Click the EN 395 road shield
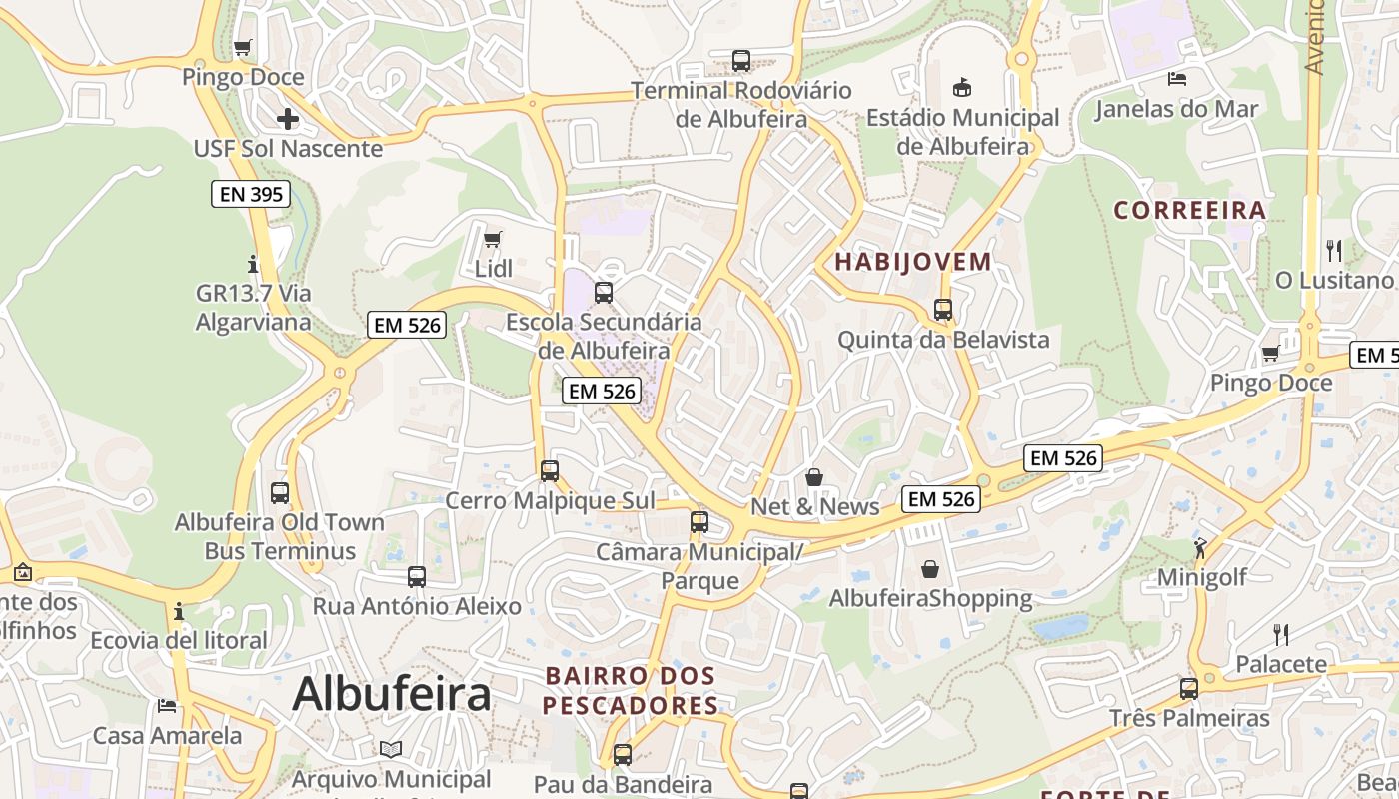point(251,194)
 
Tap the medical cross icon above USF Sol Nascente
point(288,120)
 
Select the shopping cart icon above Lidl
point(492,239)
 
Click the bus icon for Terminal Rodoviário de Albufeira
point(740,60)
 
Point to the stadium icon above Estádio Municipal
point(962,87)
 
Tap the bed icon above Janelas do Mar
point(1177,78)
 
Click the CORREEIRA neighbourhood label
point(1189,210)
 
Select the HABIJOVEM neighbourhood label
point(912,262)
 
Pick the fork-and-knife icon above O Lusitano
point(1334,250)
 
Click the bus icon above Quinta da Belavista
point(942,310)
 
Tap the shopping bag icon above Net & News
point(814,477)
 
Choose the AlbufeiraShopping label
point(930,598)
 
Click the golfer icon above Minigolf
point(1200,548)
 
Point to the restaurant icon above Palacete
point(1281,634)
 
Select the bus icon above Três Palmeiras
point(1188,688)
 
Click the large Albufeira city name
point(391,693)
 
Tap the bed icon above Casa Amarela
point(167,706)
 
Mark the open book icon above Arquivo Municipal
point(391,749)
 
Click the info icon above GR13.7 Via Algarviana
point(253,265)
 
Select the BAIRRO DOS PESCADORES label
point(631,691)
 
